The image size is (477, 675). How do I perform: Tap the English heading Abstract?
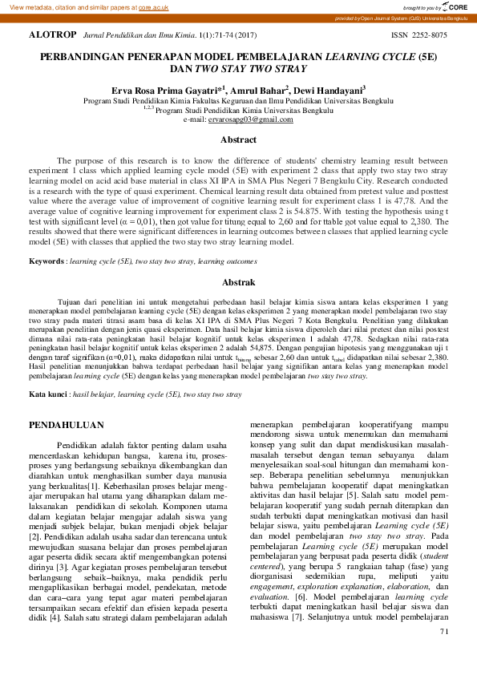click(238, 140)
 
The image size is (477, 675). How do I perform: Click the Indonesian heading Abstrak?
click(238, 282)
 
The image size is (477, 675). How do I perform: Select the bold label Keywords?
click(46, 261)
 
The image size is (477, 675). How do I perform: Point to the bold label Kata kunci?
click(48, 395)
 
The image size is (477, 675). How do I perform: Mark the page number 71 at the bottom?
click(445, 654)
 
